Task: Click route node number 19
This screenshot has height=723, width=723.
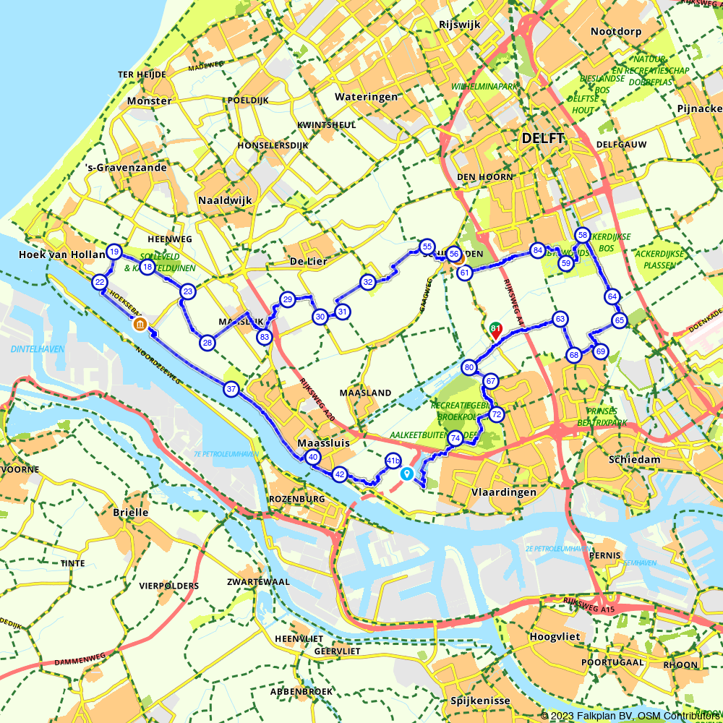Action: coord(114,252)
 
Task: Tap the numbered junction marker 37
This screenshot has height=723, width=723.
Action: coord(231,389)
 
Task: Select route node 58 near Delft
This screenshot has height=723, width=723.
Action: coord(582,235)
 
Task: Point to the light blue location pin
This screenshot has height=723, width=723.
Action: coord(407,474)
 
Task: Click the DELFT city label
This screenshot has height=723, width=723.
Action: coord(542,137)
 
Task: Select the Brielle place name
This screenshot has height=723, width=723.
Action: coord(131,512)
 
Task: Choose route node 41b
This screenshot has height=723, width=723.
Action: coord(393,460)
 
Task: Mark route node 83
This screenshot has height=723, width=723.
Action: coord(265,336)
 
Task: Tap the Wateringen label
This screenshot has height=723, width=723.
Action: coord(366,96)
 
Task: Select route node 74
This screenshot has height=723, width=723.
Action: coord(455,438)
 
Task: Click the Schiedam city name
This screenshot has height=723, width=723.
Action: coord(615,460)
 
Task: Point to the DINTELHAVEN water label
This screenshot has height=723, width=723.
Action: coord(38,348)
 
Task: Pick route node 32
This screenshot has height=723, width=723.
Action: coord(367,282)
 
